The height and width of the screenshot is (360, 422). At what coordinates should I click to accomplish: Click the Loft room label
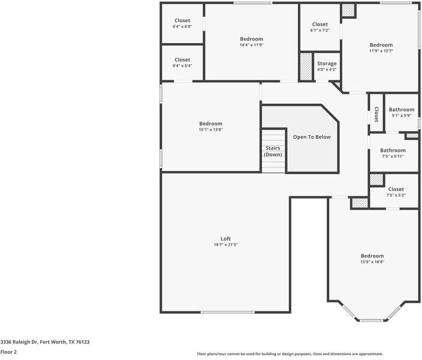(225, 239)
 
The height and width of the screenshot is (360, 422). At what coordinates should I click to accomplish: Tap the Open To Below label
(312, 137)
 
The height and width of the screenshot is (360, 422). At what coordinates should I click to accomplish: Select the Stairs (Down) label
(273, 151)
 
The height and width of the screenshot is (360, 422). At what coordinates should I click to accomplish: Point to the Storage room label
(327, 64)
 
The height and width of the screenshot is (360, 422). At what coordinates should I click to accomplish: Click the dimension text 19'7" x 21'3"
(225, 245)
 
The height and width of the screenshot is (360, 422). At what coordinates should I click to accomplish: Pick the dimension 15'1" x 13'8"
(211, 130)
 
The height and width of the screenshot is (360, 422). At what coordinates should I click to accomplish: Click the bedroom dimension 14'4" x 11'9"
(251, 45)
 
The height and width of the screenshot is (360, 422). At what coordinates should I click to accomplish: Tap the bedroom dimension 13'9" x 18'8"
(372, 262)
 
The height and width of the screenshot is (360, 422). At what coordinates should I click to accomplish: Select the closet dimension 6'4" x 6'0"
(182, 26)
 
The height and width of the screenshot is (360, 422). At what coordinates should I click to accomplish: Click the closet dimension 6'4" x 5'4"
(182, 66)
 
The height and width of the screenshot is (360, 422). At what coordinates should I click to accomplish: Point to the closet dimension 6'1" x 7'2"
(319, 31)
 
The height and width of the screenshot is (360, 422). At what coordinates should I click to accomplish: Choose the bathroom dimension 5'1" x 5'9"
(401, 116)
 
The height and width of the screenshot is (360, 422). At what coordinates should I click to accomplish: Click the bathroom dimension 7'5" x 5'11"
(393, 156)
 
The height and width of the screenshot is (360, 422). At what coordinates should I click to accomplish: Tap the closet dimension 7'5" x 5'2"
(396, 196)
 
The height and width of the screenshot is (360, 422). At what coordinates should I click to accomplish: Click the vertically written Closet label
(376, 115)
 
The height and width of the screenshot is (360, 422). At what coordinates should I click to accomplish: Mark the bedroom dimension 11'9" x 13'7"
(381, 51)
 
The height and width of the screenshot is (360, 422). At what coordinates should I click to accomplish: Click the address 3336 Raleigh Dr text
(19, 342)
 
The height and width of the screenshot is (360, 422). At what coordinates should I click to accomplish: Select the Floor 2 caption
(8, 352)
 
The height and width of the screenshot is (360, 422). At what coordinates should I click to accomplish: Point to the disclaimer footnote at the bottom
(290, 354)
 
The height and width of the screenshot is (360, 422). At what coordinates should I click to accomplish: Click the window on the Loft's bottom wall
(227, 313)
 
